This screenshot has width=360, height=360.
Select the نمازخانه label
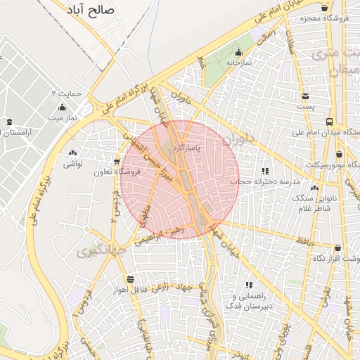pyautogui.click(x=238, y=63)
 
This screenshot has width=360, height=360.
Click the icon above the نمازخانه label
pyautogui.click(x=238, y=52)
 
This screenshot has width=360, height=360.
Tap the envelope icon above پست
pyautogui.click(x=305, y=96)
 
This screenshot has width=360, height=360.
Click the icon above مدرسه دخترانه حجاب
pyautogui.click(x=265, y=171)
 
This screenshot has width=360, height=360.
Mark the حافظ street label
pyautogui.click(x=305, y=240)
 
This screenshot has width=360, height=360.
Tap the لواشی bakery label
pyautogui.click(x=73, y=164)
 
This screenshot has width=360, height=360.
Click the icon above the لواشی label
pyautogui.click(x=73, y=153)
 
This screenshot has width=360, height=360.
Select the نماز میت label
pyautogui.click(x=62, y=117)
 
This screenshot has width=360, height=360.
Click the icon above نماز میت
pyautogui.click(x=62, y=107)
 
